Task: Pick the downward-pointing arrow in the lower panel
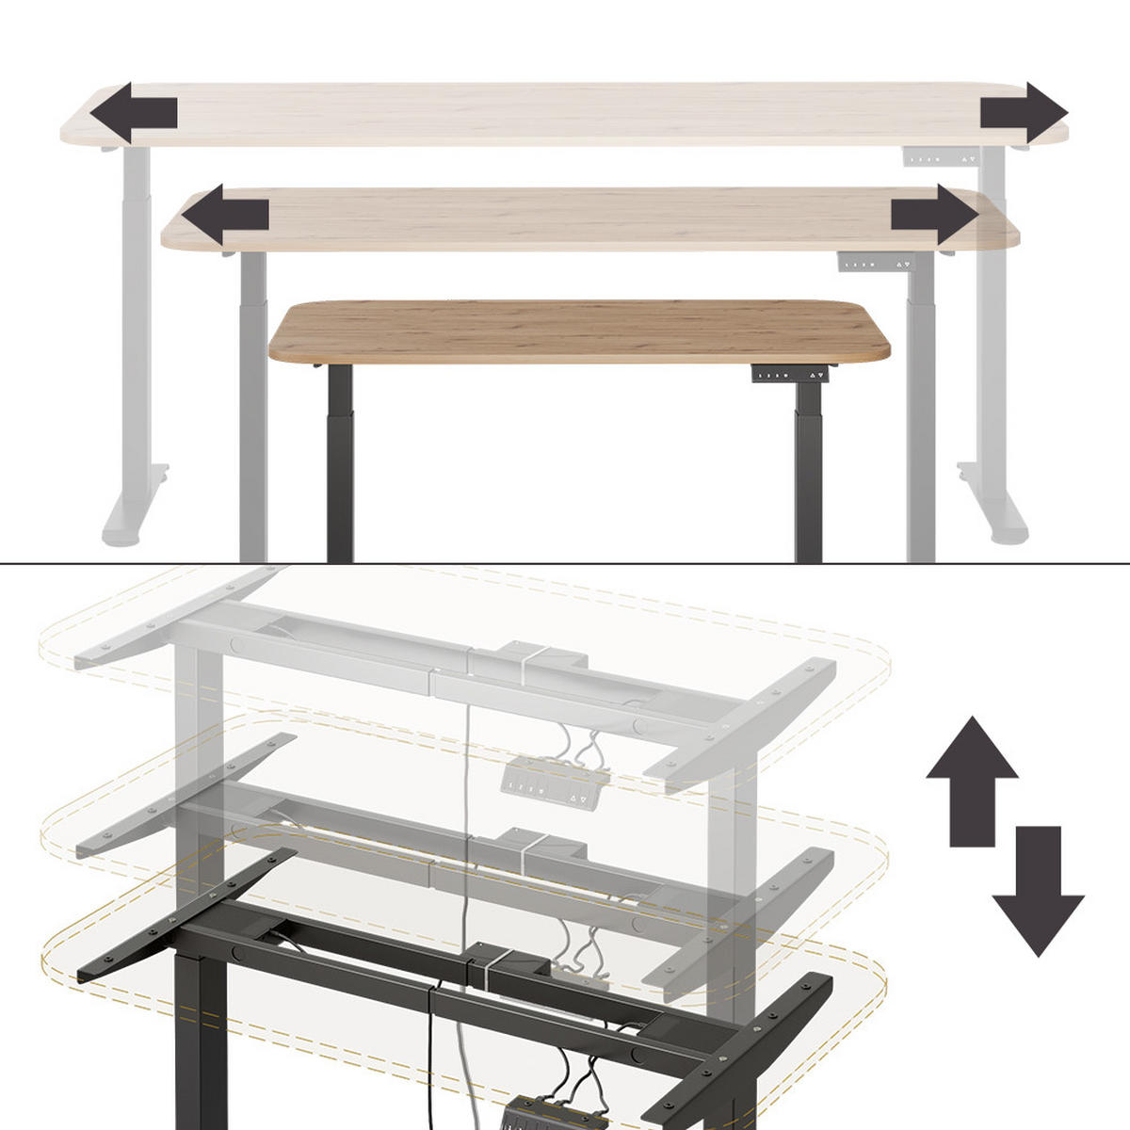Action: (x=1038, y=890)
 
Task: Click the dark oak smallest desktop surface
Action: (x=579, y=330)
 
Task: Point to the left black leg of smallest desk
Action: (x=340, y=461)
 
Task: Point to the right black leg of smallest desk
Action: (x=808, y=461)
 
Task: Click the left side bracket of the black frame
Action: (x=188, y=912)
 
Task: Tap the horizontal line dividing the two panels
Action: (x=565, y=563)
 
